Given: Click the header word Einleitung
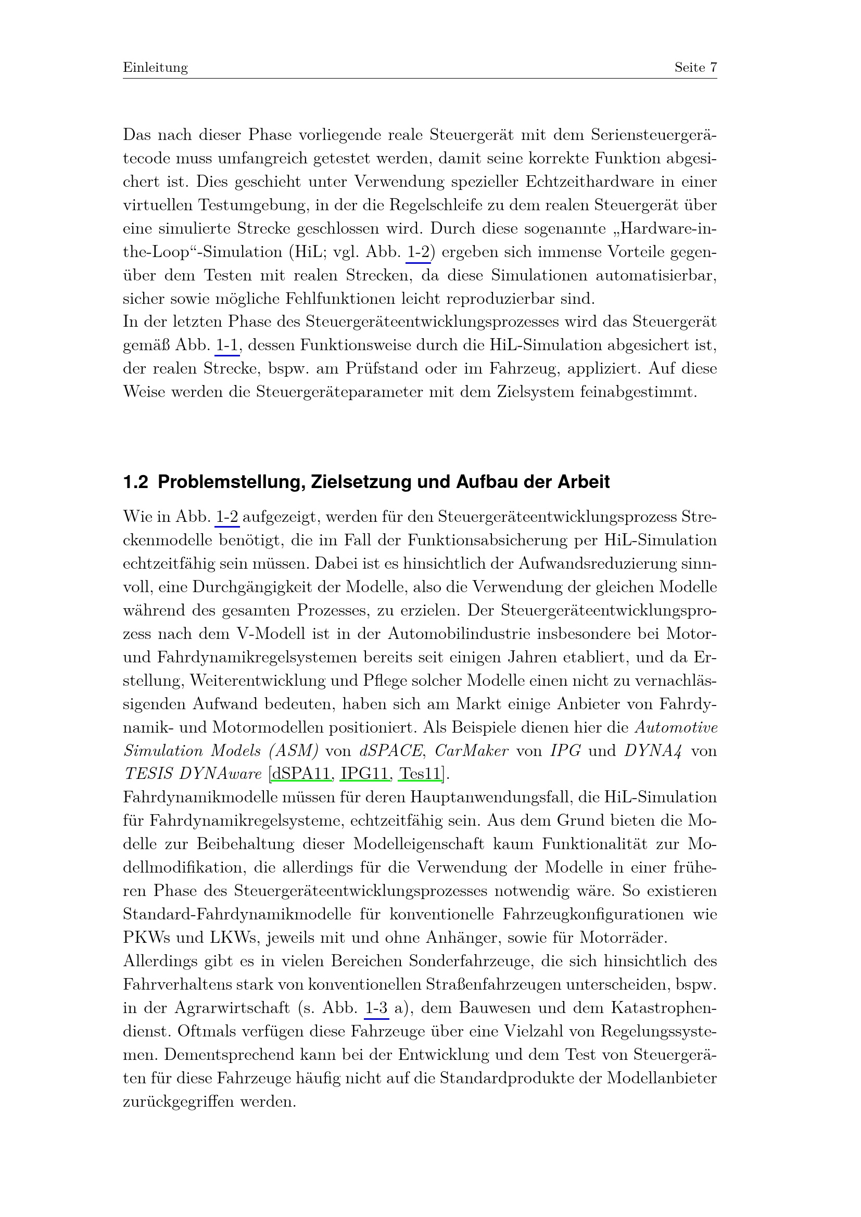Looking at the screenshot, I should pyautogui.click(x=155, y=68).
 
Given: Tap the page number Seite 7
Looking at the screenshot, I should pyautogui.click(x=695, y=67).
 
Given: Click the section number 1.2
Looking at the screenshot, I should pyautogui.click(x=136, y=482).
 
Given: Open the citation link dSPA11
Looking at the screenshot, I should pyautogui.click(x=300, y=774).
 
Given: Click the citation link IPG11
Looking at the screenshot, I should pyautogui.click(x=364, y=774).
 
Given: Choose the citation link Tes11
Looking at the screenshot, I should pyautogui.click(x=420, y=774).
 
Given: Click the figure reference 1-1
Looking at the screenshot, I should pyautogui.click(x=227, y=345).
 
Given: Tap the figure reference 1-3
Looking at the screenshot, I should pyautogui.click(x=376, y=1008).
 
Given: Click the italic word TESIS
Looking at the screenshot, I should pyautogui.click(x=148, y=774).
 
